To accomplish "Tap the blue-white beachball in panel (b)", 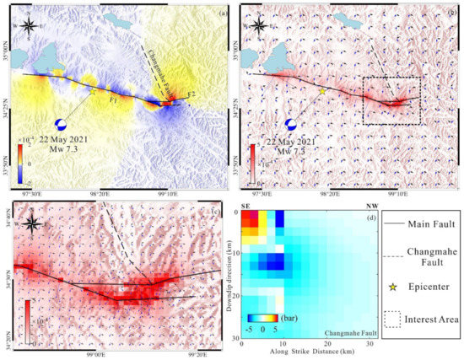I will pos(293,124).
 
